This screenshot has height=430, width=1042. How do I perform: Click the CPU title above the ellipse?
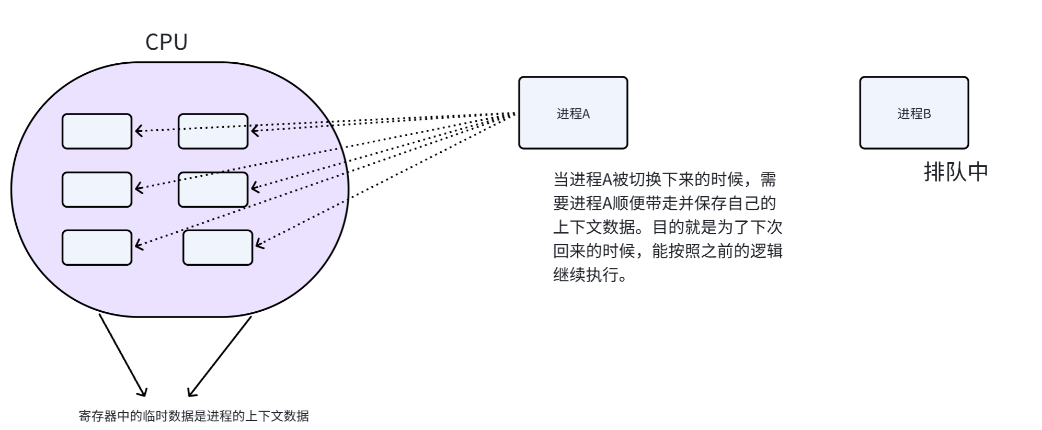coord(166,42)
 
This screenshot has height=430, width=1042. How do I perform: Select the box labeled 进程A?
coord(572,113)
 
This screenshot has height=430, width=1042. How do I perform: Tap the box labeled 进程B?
coord(914,113)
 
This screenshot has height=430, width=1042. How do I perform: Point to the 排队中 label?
coord(956,172)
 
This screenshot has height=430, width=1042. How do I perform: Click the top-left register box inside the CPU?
coord(97,131)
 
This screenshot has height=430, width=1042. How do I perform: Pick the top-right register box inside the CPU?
coord(213,131)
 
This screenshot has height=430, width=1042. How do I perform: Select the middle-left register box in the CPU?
coord(97,189)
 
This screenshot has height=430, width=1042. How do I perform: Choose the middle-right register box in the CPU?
coord(213,189)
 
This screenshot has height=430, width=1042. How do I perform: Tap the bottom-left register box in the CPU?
coord(97,247)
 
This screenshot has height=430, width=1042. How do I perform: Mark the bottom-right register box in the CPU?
coord(217,247)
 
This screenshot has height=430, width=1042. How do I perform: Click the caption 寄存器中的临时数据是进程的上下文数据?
coord(193,416)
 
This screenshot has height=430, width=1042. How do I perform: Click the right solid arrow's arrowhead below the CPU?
coord(191,392)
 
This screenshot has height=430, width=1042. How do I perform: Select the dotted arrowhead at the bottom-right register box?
coord(258,244)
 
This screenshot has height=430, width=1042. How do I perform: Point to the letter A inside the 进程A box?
coord(586,114)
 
